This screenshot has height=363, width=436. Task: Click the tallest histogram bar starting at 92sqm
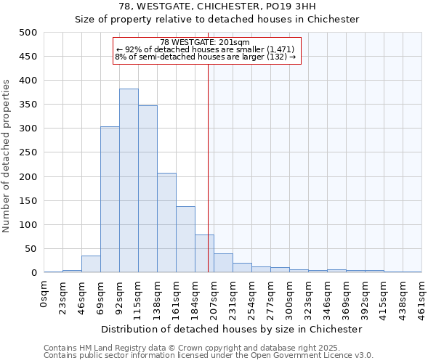point(129,181)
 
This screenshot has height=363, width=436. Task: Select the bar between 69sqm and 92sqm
point(110,200)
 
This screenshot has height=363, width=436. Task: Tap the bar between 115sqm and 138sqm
point(148,189)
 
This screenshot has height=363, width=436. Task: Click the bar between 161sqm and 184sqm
point(185,240)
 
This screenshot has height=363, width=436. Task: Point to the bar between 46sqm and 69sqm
point(91,264)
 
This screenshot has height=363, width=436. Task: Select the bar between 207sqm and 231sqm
point(223,264)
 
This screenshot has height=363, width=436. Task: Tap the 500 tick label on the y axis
point(28,33)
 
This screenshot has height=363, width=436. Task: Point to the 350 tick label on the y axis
point(28,105)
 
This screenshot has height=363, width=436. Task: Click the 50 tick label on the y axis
point(31,249)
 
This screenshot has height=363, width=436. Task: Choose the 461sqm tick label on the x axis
point(422,297)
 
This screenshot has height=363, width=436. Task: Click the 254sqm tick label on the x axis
point(252,297)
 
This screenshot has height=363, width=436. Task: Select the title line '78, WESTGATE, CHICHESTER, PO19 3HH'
point(217,7)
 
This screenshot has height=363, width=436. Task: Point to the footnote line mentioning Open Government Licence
point(208,356)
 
